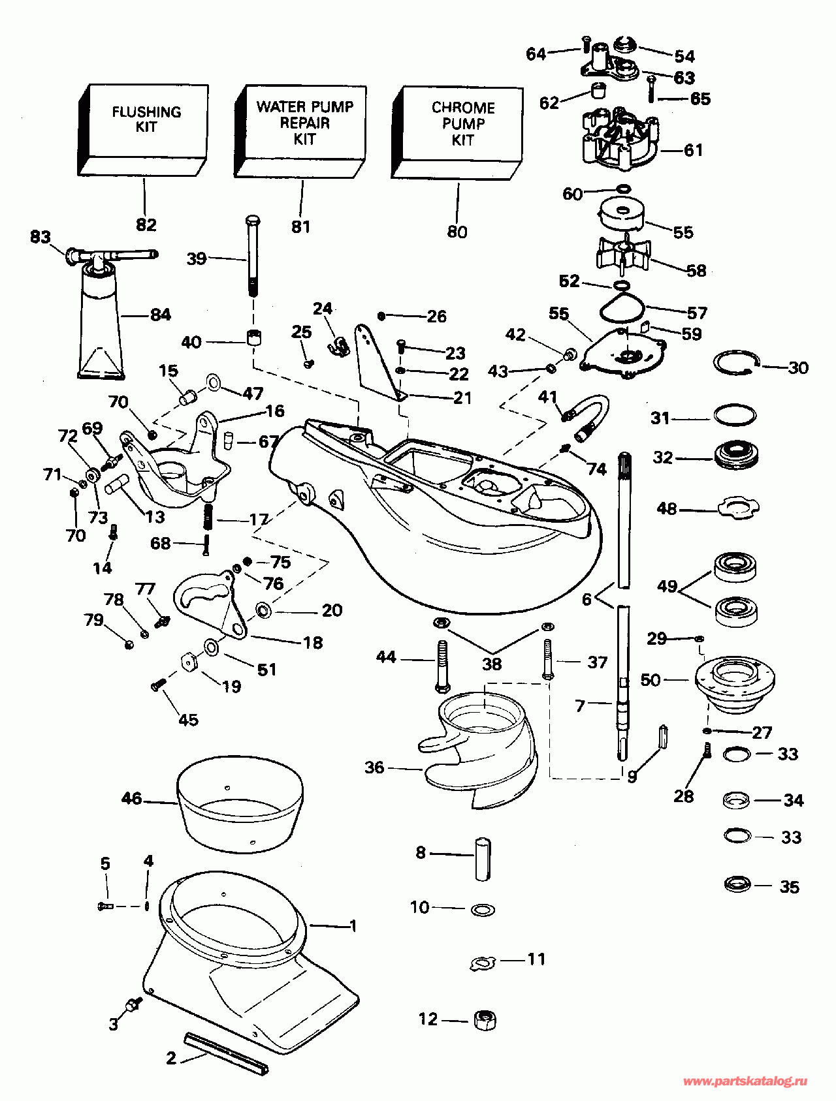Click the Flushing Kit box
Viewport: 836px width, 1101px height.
coord(143,130)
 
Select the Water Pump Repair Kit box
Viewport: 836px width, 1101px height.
coord(300,131)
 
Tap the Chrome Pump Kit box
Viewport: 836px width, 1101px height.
coord(457,132)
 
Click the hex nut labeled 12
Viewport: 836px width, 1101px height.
coord(484,1019)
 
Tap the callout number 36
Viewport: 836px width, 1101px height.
coord(374,768)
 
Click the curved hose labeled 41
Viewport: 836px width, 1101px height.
coord(587,418)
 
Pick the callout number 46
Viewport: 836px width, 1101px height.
coord(132,798)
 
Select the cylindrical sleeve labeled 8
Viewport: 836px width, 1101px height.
coord(482,858)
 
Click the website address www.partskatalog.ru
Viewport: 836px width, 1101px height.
coord(745,1081)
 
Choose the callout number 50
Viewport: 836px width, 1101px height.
coord(651,680)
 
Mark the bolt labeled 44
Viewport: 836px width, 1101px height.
coord(442,666)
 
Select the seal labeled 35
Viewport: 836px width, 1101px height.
coord(738,884)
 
